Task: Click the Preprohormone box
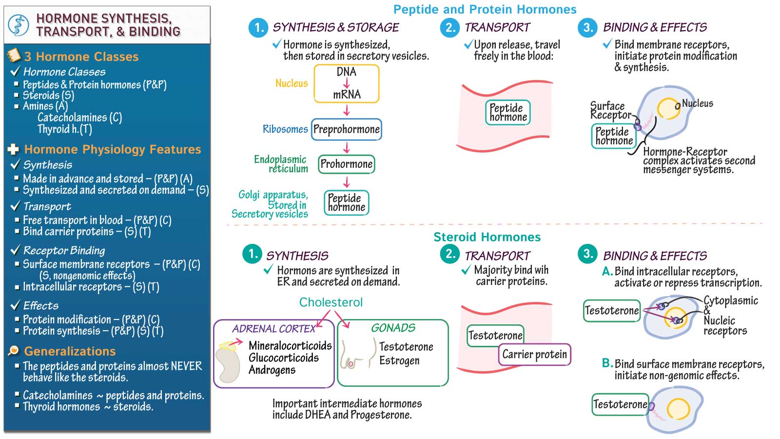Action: [x=346, y=129]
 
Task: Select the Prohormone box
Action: [x=346, y=164]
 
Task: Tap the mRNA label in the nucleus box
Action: [x=347, y=94]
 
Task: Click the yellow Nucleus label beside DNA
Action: [x=292, y=83]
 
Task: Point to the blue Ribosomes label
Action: [x=285, y=129]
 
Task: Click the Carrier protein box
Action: [x=534, y=355]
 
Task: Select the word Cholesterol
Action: [x=331, y=302]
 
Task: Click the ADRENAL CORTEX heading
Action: [x=273, y=329]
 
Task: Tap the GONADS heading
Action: [x=393, y=328]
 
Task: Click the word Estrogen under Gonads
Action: [x=399, y=360]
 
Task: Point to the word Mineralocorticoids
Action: [x=290, y=346]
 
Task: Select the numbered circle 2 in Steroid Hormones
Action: [x=449, y=254]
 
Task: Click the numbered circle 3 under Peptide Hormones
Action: [x=588, y=27]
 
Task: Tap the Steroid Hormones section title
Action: [x=487, y=237]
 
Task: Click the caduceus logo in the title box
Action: [x=19, y=25]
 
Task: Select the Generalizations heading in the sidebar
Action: [x=70, y=351]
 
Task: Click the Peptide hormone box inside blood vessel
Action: [x=508, y=112]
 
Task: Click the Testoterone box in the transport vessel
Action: [x=495, y=336]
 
